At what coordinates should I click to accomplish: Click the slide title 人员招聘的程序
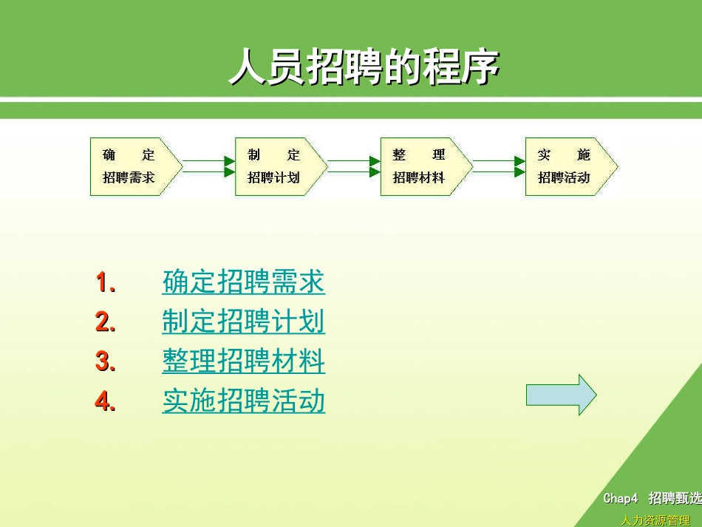coord(364,69)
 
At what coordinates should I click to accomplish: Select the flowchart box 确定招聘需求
coord(133,166)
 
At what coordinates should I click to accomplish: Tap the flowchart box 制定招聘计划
coord(278,166)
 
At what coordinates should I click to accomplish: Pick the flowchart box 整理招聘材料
coord(423,166)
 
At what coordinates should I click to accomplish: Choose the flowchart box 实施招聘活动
coord(568,166)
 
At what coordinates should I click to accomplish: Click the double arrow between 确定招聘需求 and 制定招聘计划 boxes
coord(208,166)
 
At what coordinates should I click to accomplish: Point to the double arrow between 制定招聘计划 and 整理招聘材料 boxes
coord(352,166)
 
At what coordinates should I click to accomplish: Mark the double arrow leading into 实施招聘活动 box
coord(498,166)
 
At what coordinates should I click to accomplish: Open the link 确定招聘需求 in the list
coord(243,282)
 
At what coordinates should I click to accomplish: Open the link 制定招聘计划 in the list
coord(243,322)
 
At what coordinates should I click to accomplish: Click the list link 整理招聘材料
coord(243,362)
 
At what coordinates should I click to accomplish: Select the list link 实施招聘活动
coord(243,402)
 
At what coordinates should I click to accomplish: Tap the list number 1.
coord(105,282)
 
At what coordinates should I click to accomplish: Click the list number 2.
coord(105,322)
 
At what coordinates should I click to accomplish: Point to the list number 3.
coord(105,362)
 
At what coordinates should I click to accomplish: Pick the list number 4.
coord(105,402)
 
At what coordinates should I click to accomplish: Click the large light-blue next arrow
coord(561,395)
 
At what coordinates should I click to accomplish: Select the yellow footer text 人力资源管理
coord(655,520)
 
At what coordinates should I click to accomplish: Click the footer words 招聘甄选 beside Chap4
coord(675,499)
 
